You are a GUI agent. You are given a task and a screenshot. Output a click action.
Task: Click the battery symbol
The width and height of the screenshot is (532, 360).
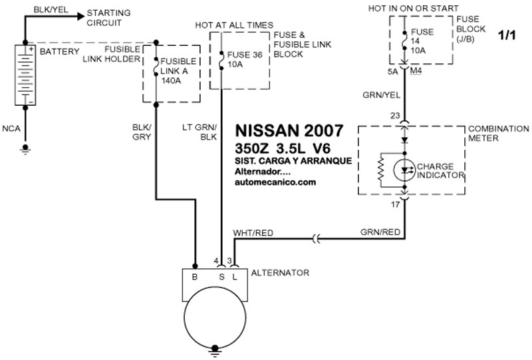[25, 75]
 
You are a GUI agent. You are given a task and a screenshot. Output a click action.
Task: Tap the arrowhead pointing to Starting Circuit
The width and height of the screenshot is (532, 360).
[80, 16]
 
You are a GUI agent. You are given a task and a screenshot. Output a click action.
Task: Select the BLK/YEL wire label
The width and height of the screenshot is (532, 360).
[51, 9]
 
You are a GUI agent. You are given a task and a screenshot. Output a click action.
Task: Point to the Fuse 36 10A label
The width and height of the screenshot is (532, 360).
[245, 59]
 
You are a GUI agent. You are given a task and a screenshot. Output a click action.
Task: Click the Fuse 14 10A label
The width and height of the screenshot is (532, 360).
[422, 41]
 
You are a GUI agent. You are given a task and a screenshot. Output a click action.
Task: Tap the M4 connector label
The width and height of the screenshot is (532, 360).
[416, 71]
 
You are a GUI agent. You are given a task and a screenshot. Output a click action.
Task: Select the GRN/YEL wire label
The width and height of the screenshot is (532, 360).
[381, 95]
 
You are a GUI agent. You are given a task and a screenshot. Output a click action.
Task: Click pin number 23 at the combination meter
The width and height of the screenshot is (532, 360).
[395, 116]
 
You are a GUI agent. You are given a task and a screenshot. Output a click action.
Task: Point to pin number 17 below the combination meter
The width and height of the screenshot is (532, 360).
[395, 205]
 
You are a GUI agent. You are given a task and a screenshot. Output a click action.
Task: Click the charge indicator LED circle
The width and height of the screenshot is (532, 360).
[404, 170]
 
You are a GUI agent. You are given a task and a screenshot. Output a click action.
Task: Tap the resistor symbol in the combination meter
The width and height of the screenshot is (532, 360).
[380, 170]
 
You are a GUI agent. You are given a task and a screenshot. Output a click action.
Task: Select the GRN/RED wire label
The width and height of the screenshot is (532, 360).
[380, 232]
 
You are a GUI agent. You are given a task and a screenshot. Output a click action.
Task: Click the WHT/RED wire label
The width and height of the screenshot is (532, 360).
[253, 233]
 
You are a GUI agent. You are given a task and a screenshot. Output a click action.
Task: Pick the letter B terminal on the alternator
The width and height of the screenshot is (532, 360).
[194, 277]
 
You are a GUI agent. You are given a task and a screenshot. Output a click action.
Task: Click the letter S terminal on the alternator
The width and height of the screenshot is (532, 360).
[221, 277]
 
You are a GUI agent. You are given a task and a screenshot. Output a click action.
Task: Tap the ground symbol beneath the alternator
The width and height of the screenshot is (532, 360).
[215, 351]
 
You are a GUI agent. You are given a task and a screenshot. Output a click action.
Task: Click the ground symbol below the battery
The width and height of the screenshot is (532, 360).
[25, 150]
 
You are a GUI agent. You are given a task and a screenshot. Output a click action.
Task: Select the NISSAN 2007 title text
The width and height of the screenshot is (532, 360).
[289, 131]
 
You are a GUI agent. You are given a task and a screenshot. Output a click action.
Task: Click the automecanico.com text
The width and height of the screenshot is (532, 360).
[275, 182]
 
